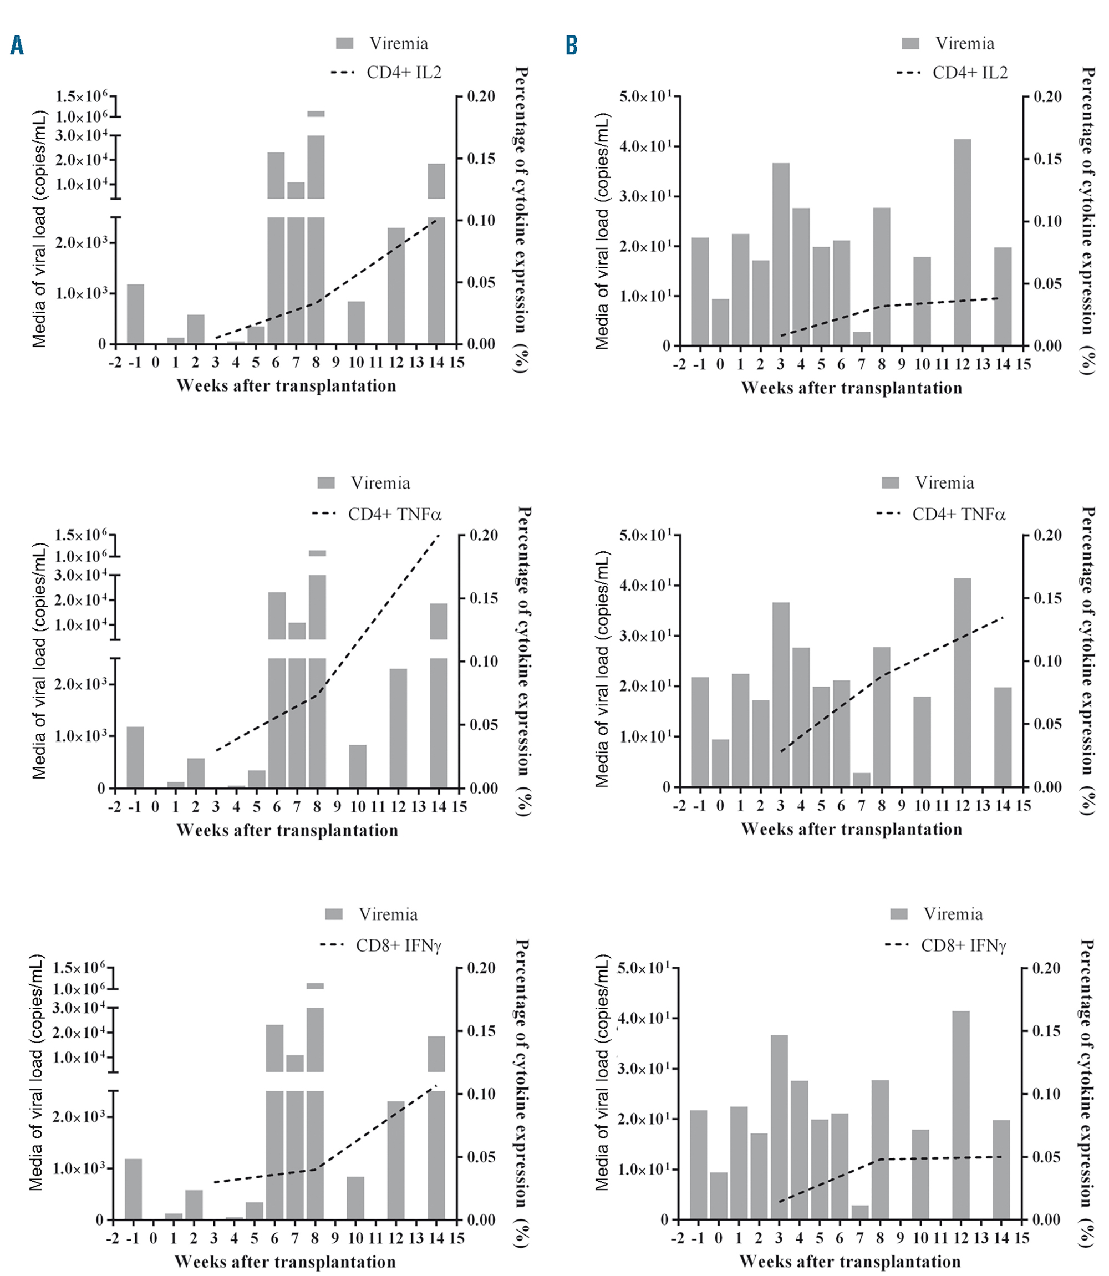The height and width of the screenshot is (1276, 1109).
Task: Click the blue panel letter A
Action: click(17, 45)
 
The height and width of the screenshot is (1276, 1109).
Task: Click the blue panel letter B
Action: click(571, 45)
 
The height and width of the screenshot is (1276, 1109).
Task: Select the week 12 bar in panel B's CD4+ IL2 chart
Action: click(962, 242)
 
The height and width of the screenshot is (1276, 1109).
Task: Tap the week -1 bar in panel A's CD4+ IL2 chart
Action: click(135, 314)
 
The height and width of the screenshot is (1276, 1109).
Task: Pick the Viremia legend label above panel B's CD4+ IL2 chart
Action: click(964, 43)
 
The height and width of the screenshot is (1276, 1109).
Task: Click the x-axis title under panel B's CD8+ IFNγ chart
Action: click(850, 1260)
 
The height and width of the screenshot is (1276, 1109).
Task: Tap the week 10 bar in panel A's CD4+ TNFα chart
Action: click(358, 766)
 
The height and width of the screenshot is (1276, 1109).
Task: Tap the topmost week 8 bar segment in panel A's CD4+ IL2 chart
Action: click(316, 114)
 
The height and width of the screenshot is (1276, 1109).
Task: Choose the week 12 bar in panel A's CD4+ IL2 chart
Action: click(396, 285)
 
